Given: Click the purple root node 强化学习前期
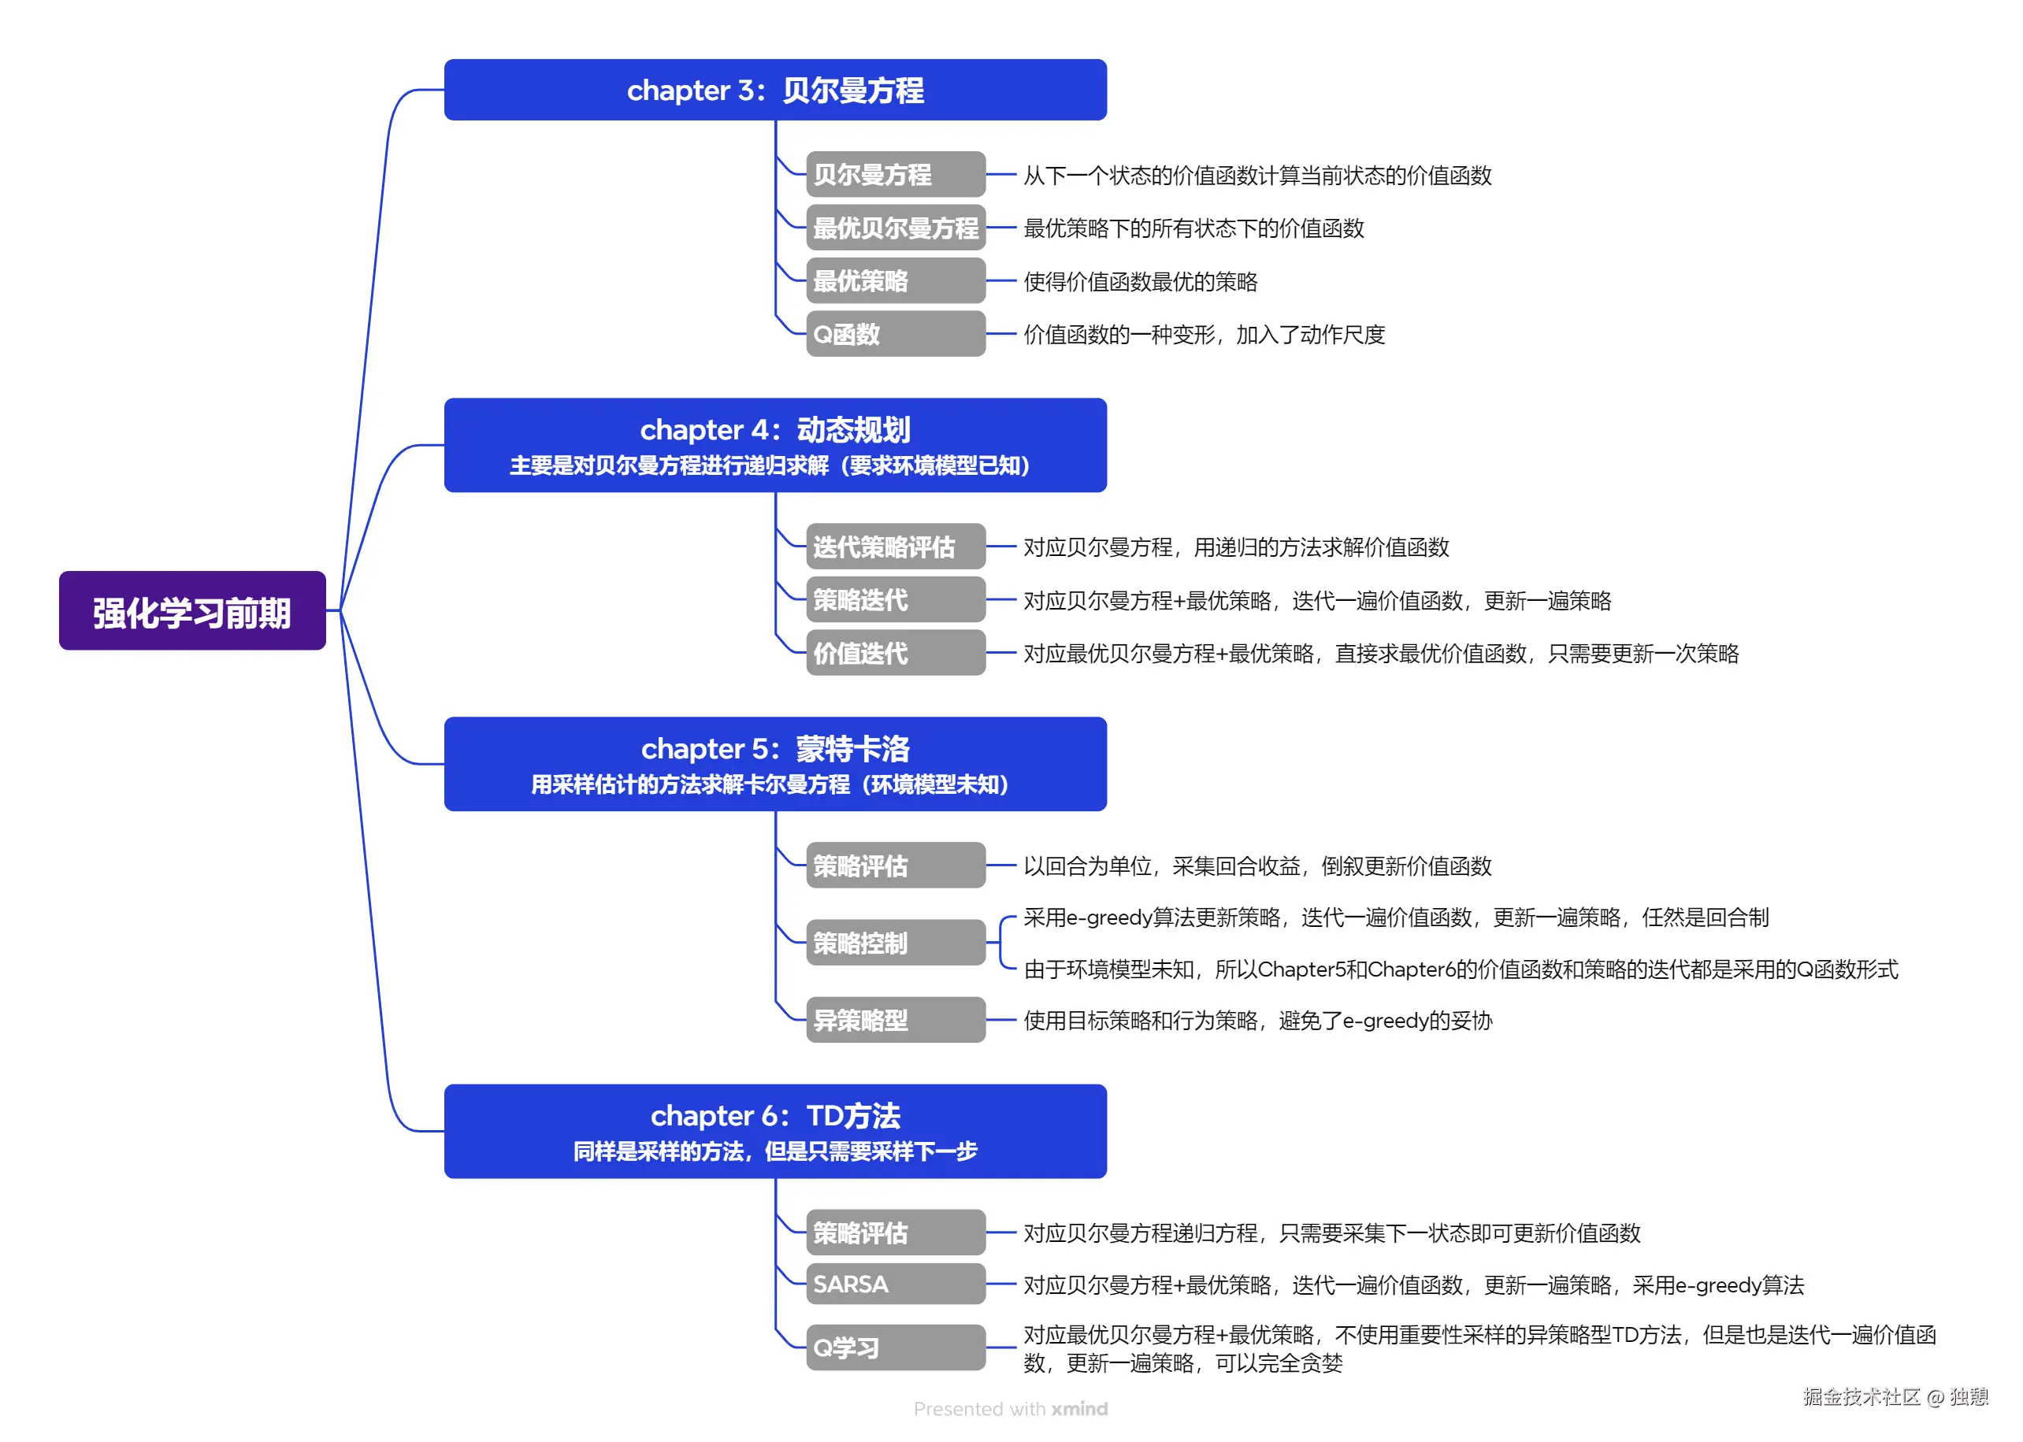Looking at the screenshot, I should (191, 611).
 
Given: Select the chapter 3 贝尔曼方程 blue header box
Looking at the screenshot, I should (774, 90).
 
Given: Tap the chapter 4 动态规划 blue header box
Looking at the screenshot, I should (774, 445).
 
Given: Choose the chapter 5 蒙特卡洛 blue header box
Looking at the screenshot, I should (774, 764).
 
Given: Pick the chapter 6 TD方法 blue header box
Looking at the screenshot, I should (774, 1130).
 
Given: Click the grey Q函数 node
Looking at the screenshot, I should (894, 334).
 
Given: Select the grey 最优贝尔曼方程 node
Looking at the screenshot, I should (894, 228).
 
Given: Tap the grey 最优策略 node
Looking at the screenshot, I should (894, 281).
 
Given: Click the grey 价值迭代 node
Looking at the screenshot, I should (894, 654).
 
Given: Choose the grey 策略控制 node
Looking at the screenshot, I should (894, 943).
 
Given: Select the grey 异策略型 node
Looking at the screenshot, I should (894, 1020).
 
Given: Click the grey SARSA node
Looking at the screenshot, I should (894, 1284).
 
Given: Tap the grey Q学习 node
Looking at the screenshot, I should (894, 1347).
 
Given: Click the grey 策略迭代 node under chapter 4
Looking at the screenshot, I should (894, 600).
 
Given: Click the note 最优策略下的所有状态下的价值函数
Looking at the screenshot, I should (1193, 229).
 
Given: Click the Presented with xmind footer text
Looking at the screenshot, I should (1010, 1409).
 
